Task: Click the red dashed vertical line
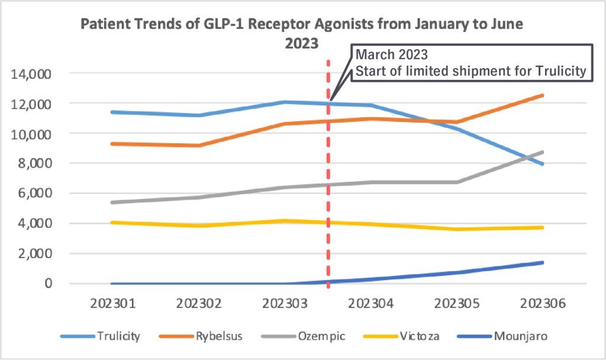328,178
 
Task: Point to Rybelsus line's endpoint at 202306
542,95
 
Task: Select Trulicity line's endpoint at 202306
542,164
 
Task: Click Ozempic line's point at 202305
457,182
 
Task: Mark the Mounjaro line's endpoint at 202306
542,262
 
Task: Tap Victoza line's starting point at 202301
113,223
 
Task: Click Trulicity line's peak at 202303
285,102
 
